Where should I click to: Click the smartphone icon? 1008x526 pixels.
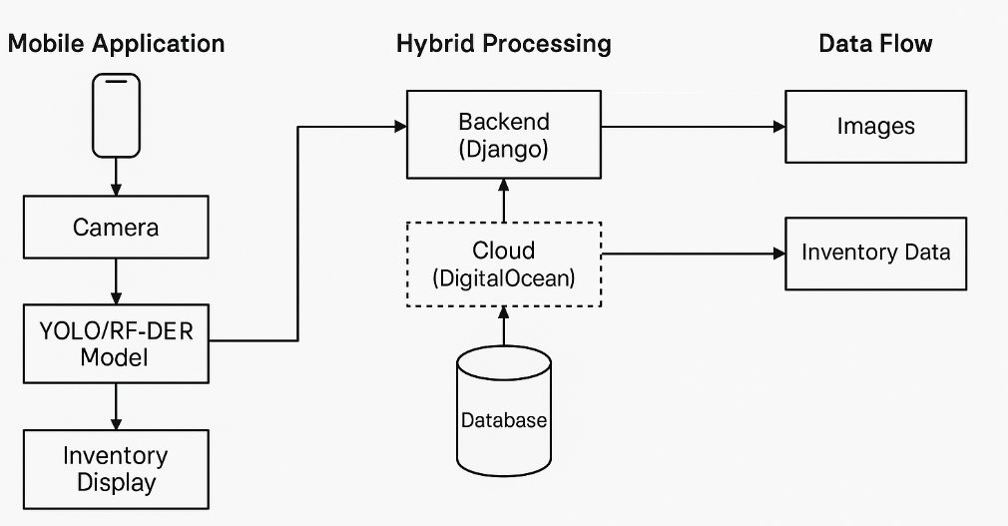(x=116, y=116)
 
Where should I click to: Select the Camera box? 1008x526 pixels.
(x=116, y=227)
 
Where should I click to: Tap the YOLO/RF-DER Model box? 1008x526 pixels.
(x=116, y=344)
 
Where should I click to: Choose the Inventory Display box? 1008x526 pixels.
(x=116, y=469)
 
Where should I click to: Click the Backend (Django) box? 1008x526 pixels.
(x=504, y=135)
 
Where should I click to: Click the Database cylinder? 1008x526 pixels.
(x=504, y=411)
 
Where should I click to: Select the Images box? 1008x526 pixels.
(x=875, y=127)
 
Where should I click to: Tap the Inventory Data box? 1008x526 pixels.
(x=875, y=254)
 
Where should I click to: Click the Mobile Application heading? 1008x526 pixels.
(x=117, y=44)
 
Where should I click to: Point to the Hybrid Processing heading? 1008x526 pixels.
(x=504, y=44)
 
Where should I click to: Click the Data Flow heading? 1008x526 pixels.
(x=875, y=44)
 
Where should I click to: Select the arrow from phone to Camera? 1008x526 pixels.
(x=116, y=177)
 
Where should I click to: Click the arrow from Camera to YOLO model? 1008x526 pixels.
(x=116, y=281)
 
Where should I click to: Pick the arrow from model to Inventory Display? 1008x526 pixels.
(x=116, y=406)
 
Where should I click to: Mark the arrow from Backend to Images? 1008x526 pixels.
(x=693, y=127)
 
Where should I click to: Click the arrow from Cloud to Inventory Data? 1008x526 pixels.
(x=693, y=254)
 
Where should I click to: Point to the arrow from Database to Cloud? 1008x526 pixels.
(x=504, y=326)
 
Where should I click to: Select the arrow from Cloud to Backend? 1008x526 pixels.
(x=504, y=201)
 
